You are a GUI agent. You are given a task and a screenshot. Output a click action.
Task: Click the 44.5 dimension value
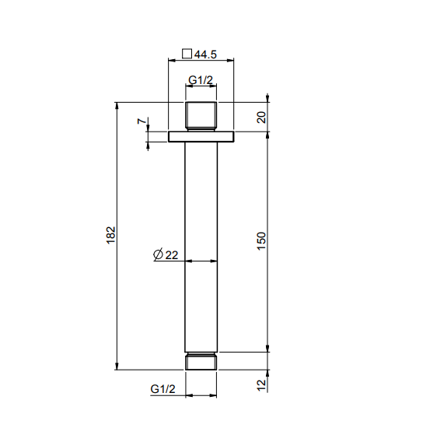205,54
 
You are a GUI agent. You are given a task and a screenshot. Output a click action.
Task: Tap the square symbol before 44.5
187,53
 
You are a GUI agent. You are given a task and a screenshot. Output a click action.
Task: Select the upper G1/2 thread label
201,80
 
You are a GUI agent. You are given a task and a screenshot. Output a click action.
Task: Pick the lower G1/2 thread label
163,389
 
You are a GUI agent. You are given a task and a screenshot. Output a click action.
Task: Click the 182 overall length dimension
111,235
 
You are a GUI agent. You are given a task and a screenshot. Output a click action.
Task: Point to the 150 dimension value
261,241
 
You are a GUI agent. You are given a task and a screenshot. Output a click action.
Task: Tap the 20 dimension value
261,118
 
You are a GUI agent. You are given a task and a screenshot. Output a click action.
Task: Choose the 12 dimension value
261,385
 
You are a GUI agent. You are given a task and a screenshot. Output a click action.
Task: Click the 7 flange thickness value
142,121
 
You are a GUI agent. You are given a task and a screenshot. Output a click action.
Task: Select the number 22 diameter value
172,255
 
